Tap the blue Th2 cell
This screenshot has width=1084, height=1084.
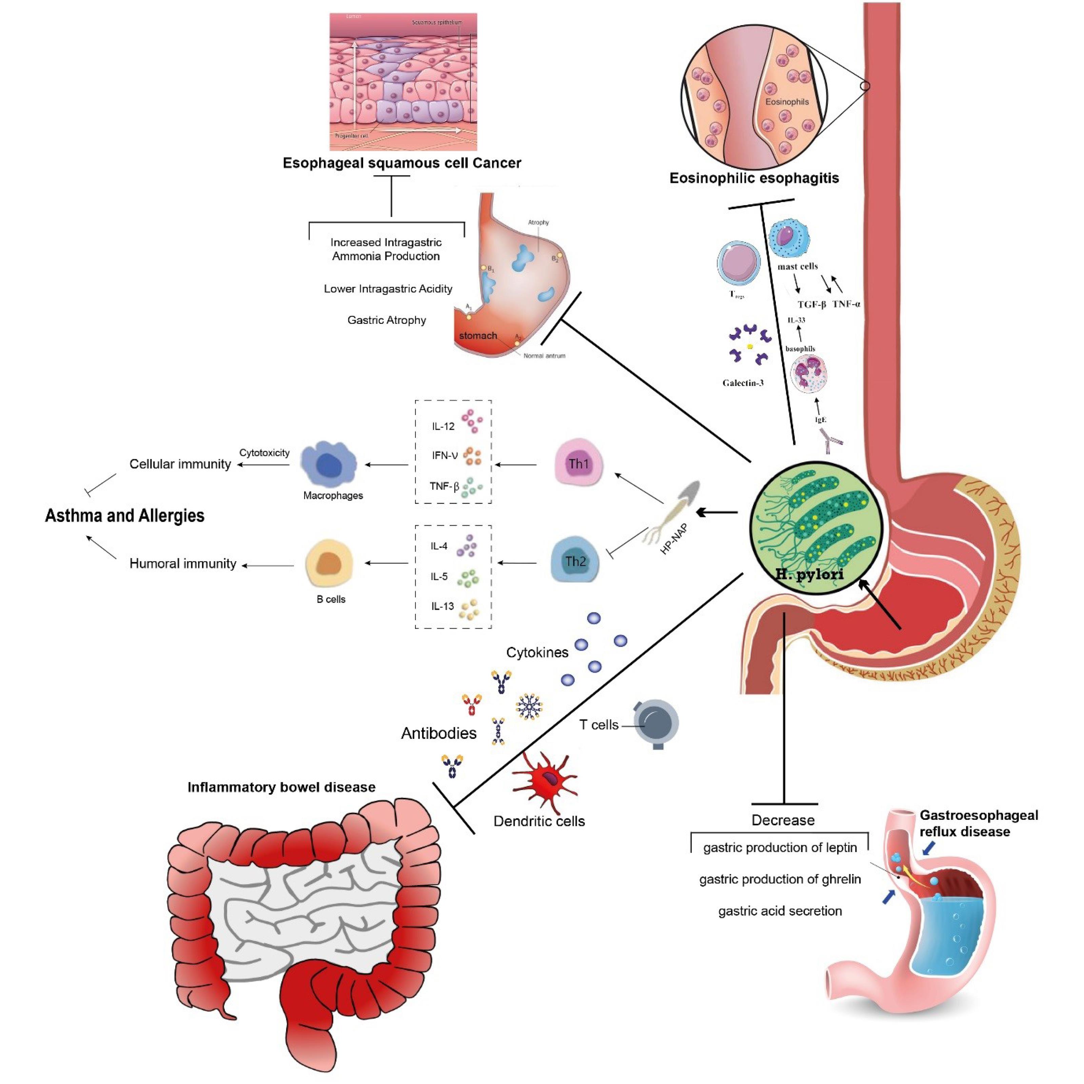[x=575, y=561]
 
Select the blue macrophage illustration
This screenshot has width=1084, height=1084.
[x=329, y=464]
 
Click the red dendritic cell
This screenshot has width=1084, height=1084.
[x=544, y=780]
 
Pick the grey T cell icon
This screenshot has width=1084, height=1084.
[x=655, y=723]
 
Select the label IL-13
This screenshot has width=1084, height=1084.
[x=442, y=606]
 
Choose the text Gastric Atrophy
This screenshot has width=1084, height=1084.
[x=387, y=320]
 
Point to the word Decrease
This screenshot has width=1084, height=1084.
[x=783, y=820]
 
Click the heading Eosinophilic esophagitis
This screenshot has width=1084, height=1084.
[x=754, y=178]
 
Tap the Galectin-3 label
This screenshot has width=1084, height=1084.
[x=743, y=383]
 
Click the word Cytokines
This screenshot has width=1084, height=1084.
[x=537, y=652]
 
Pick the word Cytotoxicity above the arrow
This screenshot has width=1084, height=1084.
[x=264, y=453]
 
